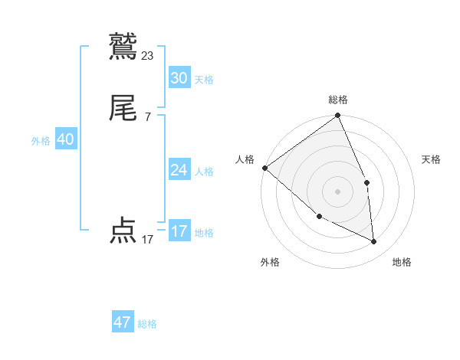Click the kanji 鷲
[x=123, y=45]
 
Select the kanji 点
[x=123, y=231]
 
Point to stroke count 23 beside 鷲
[x=148, y=55]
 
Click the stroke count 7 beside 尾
[x=148, y=117]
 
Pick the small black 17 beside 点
[x=148, y=240]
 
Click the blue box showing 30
[x=179, y=77]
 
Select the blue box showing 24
[x=179, y=170]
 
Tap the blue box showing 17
[x=179, y=231]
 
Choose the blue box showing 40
[x=65, y=139]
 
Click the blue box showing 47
[x=123, y=322]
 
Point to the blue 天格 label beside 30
[x=204, y=79]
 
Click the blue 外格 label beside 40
[x=41, y=141]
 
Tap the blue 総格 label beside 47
[x=147, y=324]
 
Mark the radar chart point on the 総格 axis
[x=338, y=116]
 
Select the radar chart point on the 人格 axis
[x=264, y=168]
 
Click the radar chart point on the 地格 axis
[x=374, y=241]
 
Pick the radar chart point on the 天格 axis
[x=366, y=182]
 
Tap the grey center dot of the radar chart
[x=338, y=191]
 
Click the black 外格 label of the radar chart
[x=270, y=262]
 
